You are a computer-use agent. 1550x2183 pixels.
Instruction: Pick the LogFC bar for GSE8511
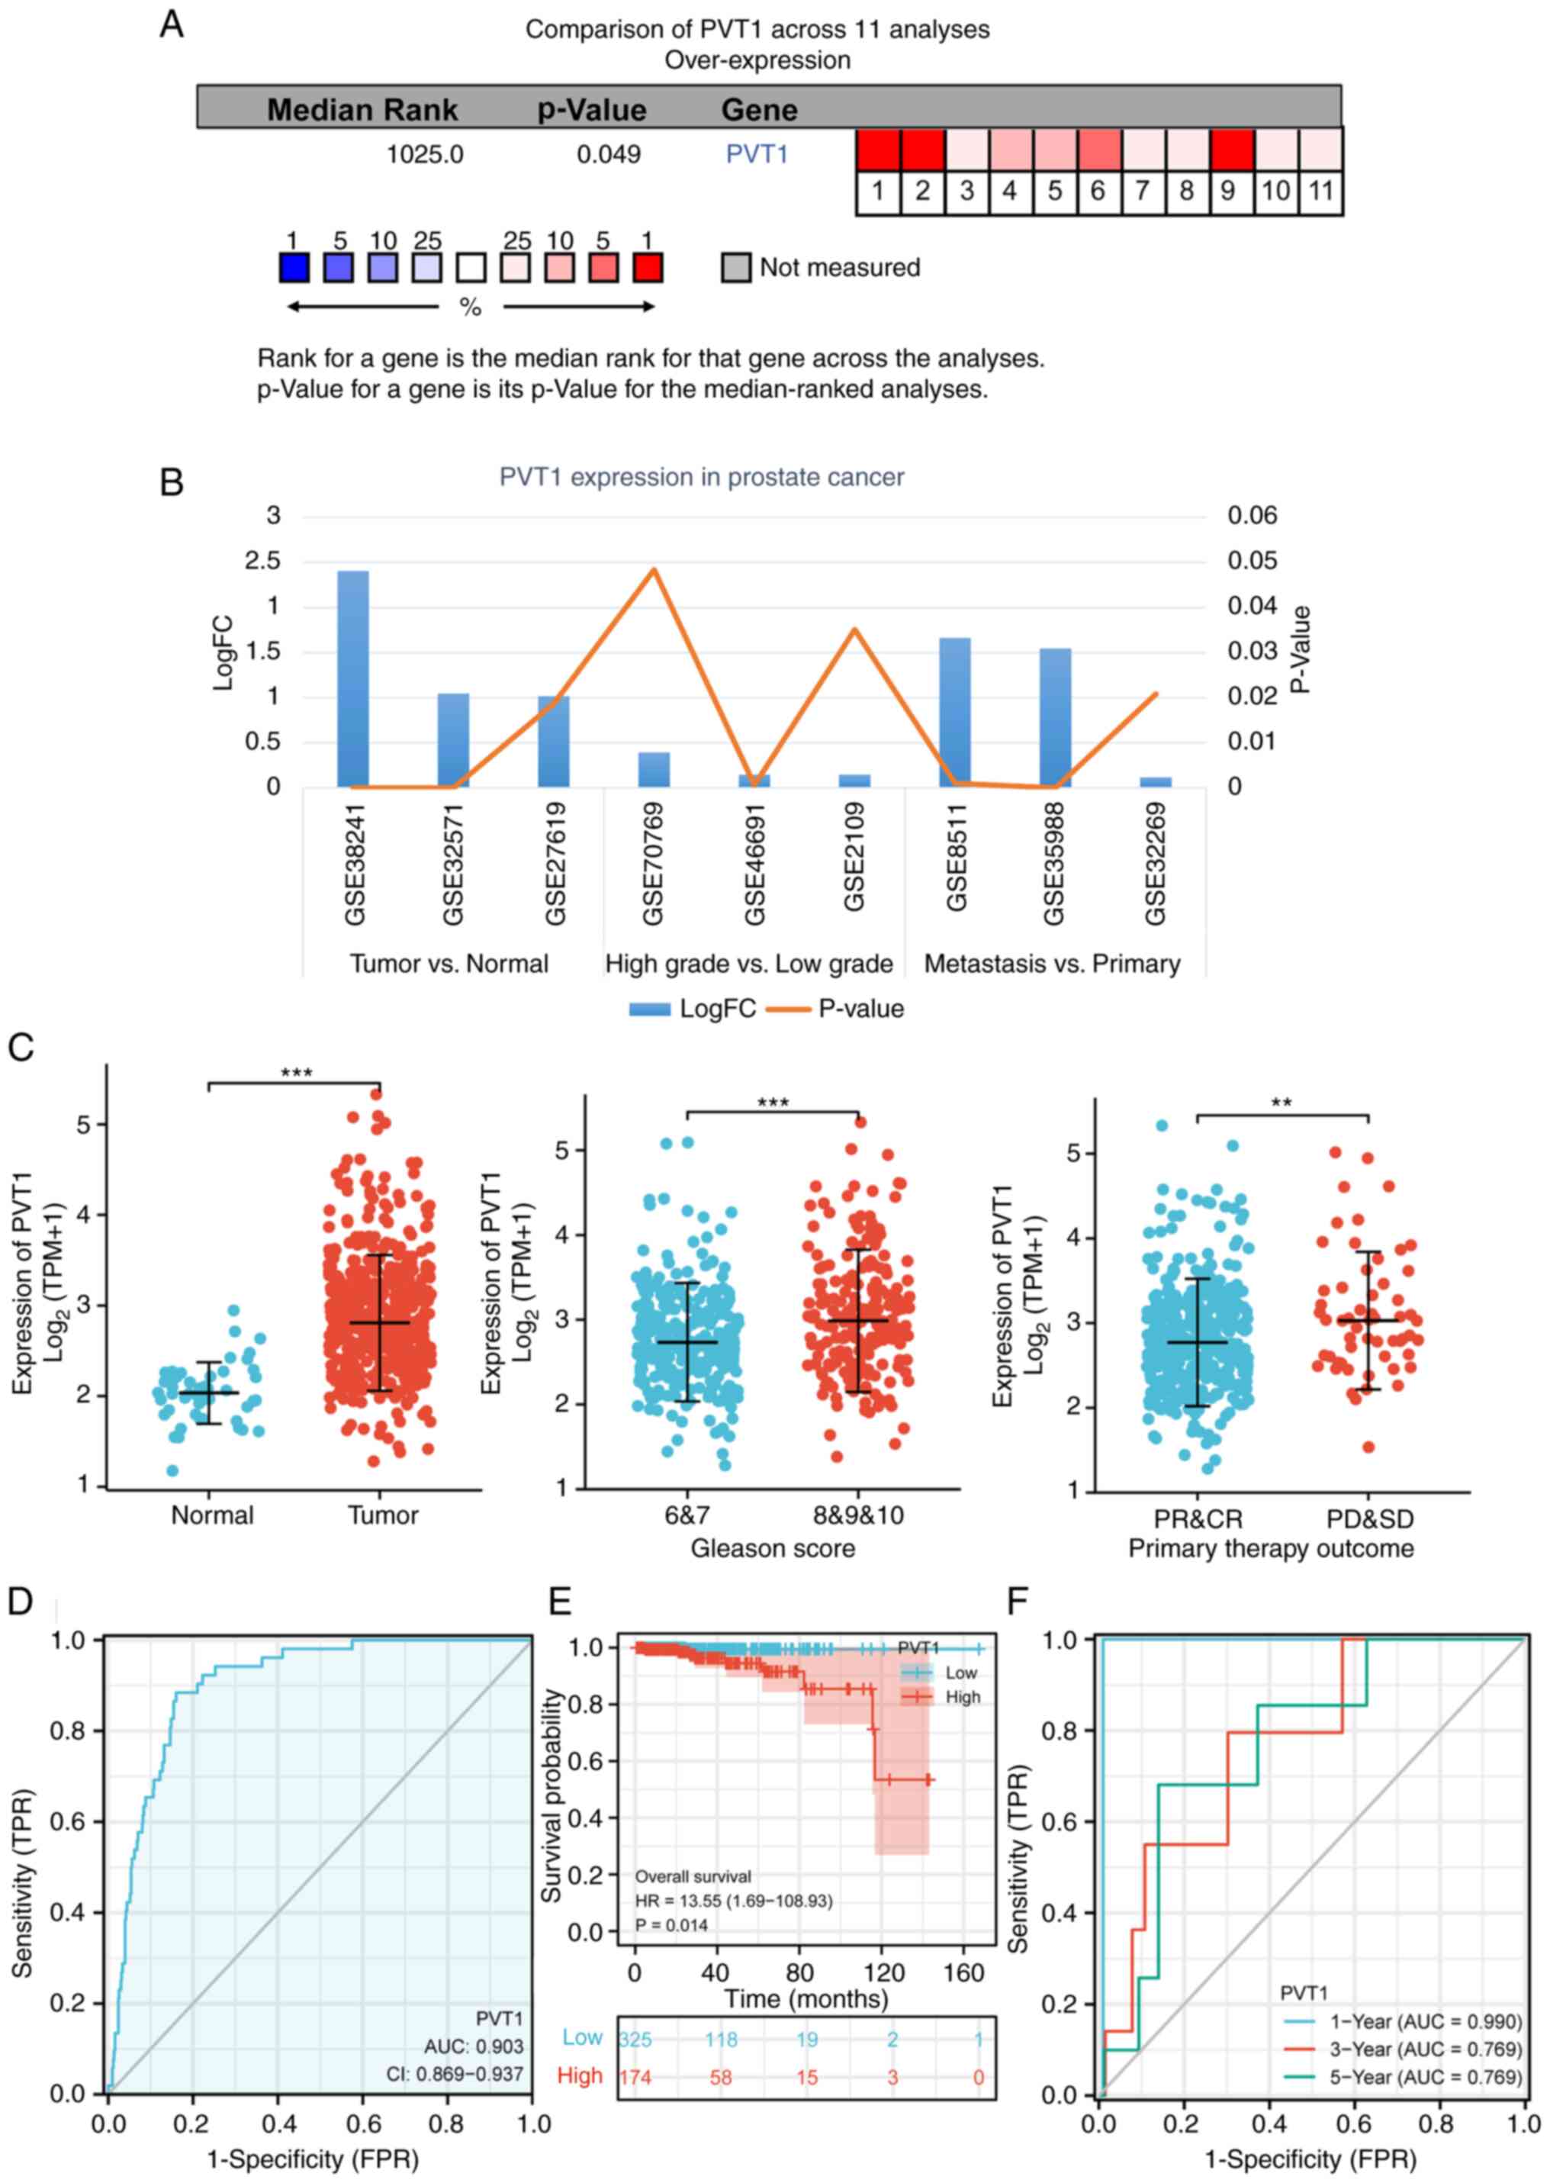(954, 712)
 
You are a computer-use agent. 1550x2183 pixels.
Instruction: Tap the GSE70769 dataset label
(653, 864)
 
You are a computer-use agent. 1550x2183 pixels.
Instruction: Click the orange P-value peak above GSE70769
(654, 570)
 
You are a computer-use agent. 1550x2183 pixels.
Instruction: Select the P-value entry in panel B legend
(860, 1009)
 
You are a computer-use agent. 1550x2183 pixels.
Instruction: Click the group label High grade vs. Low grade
(749, 964)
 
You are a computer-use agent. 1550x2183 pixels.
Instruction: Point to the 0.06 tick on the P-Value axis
(1251, 517)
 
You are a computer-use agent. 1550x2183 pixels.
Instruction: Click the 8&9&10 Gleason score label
(858, 1516)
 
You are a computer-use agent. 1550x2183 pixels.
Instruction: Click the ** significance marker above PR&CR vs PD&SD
(1281, 1103)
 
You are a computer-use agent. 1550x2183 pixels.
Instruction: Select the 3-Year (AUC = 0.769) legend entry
(1425, 2049)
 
